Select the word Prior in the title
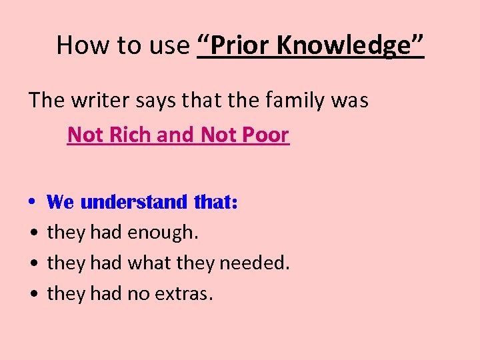click(x=237, y=45)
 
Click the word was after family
click(x=352, y=101)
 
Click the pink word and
click(x=175, y=135)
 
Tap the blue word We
click(x=61, y=201)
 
